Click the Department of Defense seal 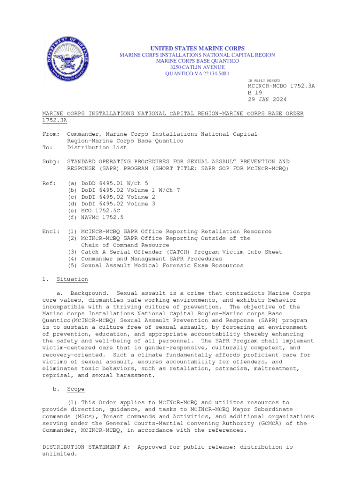pyautogui.click(x=67, y=59)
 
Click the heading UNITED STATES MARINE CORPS pyautogui.click(x=197, y=49)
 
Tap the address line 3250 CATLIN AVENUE pyautogui.click(x=197, y=67)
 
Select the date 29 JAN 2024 pyautogui.click(x=267, y=100)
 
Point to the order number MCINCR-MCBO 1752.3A pyautogui.click(x=281, y=86)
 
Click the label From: pyautogui.click(x=51, y=134)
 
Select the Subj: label pyautogui.click(x=51, y=161)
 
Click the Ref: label pyautogui.click(x=50, y=183)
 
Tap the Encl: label pyautogui.click(x=51, y=232)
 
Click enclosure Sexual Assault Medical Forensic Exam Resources pyautogui.click(x=162, y=266)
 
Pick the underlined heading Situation pyautogui.click(x=72, y=279)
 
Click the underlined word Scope pyautogui.click(x=76, y=389)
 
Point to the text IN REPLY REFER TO pyautogui.click(x=264, y=80)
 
